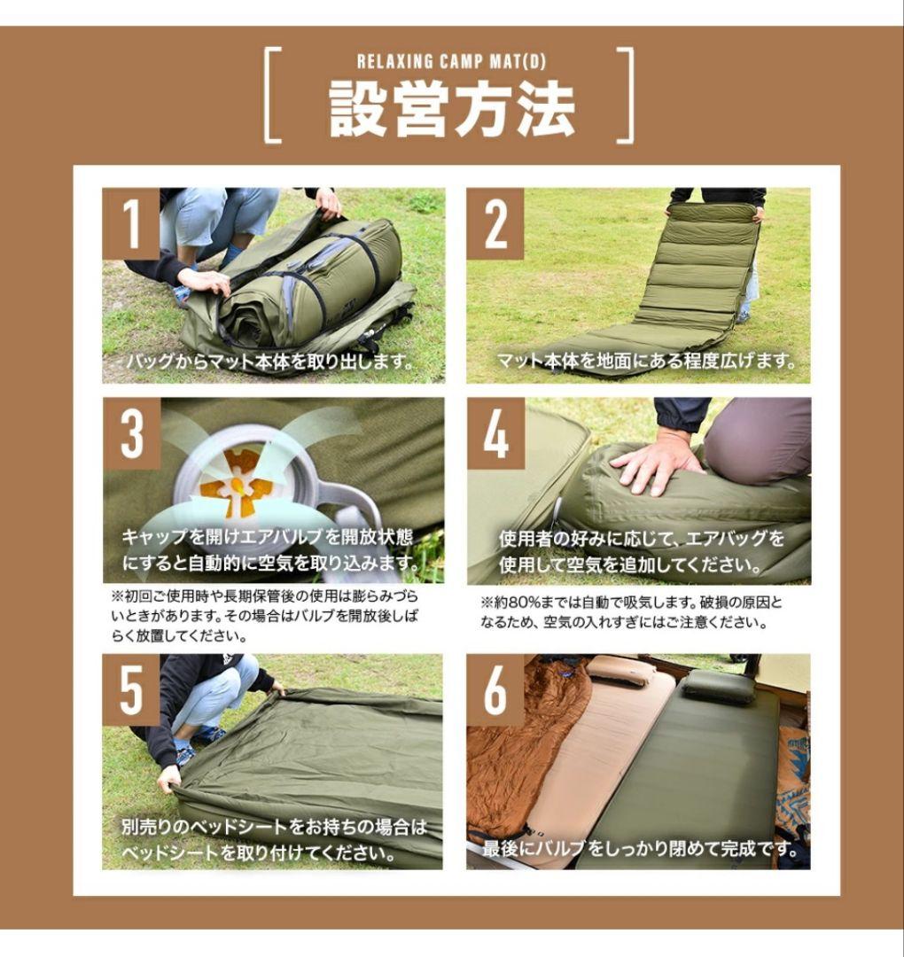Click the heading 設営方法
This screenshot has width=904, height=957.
(452, 109)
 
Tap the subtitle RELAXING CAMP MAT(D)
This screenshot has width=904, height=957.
(452, 62)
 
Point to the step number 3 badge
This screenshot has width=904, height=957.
(131, 433)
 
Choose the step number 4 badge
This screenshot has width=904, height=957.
(495, 433)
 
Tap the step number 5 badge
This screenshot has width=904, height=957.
(131, 689)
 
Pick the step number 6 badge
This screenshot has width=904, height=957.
(495, 689)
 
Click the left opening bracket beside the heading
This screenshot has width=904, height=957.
(274, 96)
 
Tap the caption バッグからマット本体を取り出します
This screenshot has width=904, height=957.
(270, 362)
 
